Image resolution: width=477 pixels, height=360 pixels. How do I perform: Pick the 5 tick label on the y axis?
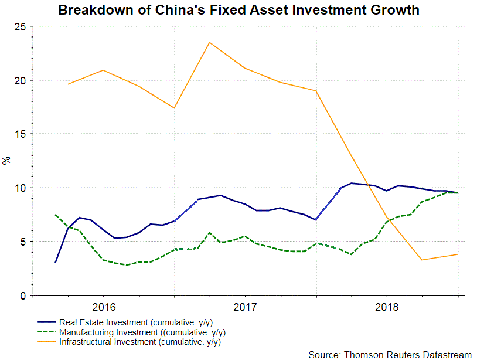pyautogui.click(x=22, y=242)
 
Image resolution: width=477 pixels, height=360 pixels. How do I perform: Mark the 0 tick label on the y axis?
pyautogui.click(x=22, y=296)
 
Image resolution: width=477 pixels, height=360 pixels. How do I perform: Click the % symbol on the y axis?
pyautogui.click(x=6, y=161)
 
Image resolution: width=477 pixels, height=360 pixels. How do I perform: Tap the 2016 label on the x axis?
pyautogui.click(x=103, y=307)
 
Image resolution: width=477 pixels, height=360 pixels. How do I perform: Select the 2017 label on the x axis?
pyautogui.click(x=245, y=307)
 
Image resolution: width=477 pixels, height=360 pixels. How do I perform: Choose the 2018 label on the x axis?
pyautogui.click(x=387, y=307)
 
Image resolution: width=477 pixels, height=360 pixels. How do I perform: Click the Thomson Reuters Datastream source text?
pyautogui.click(x=390, y=354)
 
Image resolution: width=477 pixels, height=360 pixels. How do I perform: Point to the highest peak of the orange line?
pyautogui.click(x=209, y=42)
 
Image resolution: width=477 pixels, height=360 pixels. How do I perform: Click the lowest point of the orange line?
pyautogui.click(x=421, y=260)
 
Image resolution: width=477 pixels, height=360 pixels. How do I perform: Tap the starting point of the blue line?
pyautogui.click(x=56, y=262)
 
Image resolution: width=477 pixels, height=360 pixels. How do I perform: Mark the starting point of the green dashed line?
pyautogui.click(x=55, y=215)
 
